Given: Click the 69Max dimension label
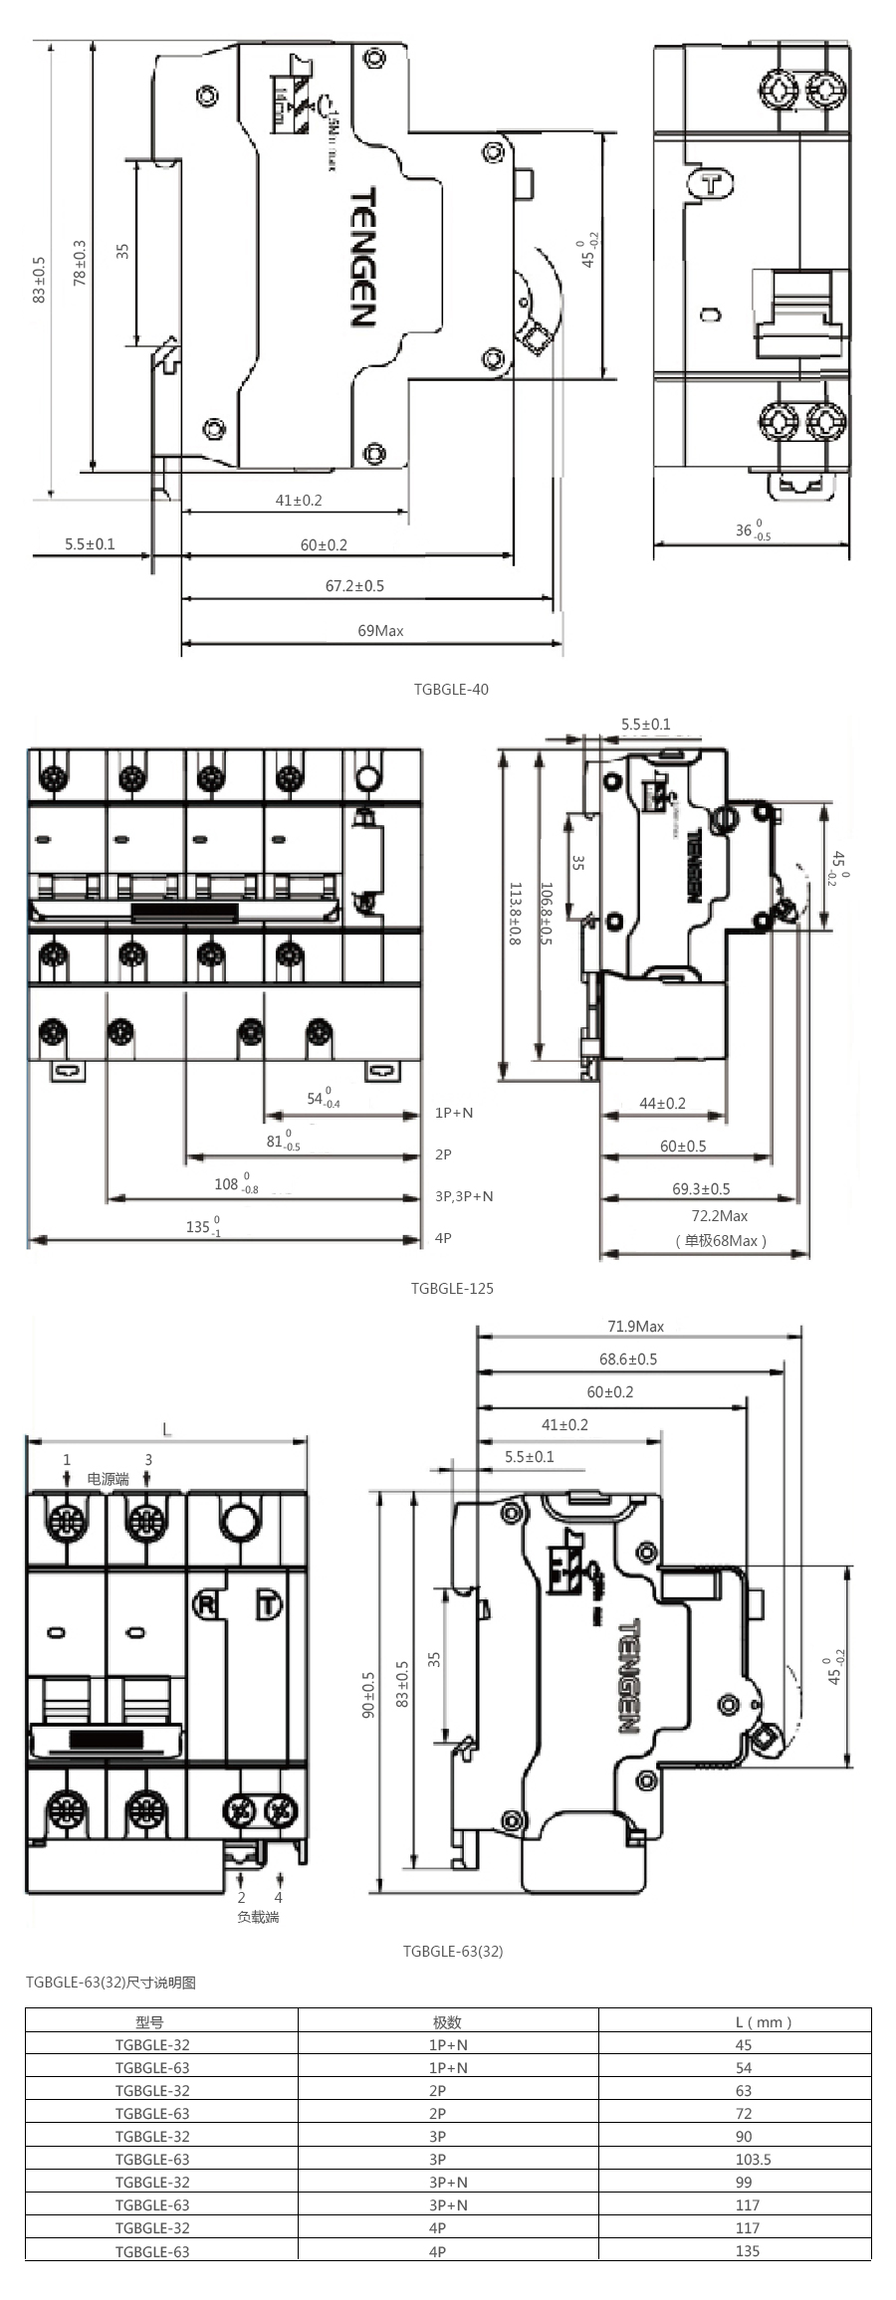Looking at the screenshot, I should coord(380,630).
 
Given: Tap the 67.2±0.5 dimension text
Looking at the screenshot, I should coord(354,585).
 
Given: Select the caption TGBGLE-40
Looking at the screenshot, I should coord(451,689).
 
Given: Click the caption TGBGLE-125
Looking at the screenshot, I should coord(452,1288).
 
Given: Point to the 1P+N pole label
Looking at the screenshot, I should coord(454,1113).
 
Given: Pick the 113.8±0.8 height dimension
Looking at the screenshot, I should coord(515,913).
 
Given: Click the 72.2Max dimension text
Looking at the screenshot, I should coord(719,1215).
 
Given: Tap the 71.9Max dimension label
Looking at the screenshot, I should coord(635,1326).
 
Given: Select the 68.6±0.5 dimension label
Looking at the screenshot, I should coord(627,1359).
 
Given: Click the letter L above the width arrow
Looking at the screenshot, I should coord(166,1429).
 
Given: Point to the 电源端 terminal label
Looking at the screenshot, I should coord(108,1479).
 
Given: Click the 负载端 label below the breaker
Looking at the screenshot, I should coord(258,1917).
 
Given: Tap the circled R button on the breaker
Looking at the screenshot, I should coord(205,1603).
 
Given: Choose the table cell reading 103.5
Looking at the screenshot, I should coord(753,2159).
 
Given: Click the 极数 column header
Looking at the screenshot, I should coord(447,2021).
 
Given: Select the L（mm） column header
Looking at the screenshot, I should coord(763,2021).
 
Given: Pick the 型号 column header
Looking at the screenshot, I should coord(150,2021).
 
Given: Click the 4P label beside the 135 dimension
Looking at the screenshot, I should coord(443,1238).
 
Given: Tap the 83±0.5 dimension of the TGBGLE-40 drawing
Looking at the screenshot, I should coord(39,280).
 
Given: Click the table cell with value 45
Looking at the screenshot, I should coord(744,2044).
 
